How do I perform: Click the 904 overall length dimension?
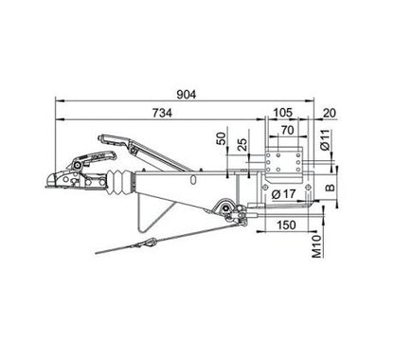click(x=187, y=95)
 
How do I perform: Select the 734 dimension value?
click(x=163, y=113)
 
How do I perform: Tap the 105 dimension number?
click(x=282, y=113)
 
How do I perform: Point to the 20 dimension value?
click(x=330, y=113)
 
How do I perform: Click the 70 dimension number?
click(x=287, y=130)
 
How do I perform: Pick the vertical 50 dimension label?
click(x=223, y=138)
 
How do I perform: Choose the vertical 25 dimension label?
click(x=242, y=144)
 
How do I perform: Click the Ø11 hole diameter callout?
click(x=325, y=139)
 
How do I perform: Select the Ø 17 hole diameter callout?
click(x=283, y=194)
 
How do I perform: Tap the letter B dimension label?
click(x=331, y=188)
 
